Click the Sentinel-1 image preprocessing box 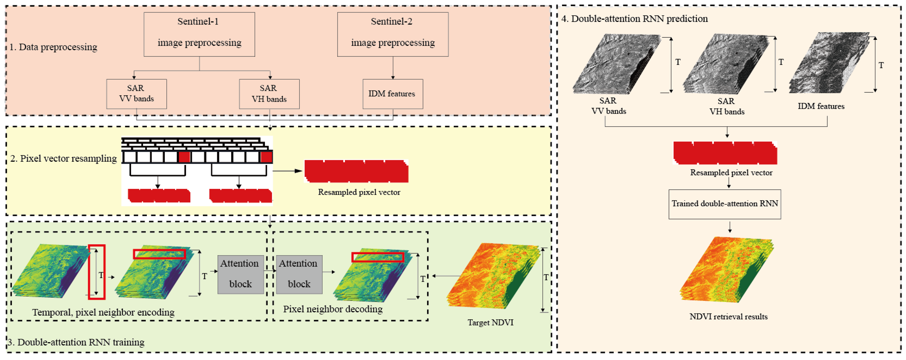pos(199,34)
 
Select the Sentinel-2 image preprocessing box pos(392,34)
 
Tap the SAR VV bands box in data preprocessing pos(137,94)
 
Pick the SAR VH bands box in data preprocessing pos(269,94)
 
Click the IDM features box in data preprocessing pos(392,94)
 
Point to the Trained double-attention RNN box pos(725,204)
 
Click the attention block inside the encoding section pos(240,274)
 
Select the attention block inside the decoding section pos(299,274)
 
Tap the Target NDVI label pos(490,322)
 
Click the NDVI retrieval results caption pos(728,316)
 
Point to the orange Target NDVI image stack pos(492,276)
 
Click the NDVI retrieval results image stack pos(726,269)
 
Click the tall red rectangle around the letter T pos(96,272)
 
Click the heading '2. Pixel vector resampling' pos(63,159)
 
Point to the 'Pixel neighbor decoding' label pos(333,309)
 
